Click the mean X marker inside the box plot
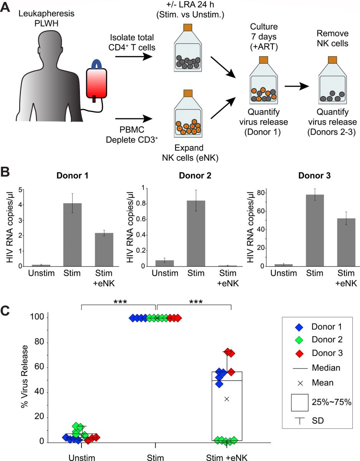[227, 399]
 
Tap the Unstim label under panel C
[81, 457]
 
